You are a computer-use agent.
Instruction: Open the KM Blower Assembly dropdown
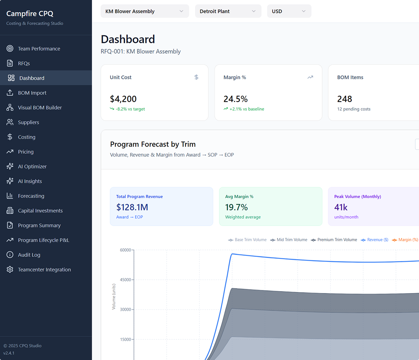(x=145, y=11)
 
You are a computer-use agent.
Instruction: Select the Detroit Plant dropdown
(x=228, y=11)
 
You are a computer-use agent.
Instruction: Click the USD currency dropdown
(x=289, y=11)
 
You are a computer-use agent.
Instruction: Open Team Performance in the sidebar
(x=39, y=49)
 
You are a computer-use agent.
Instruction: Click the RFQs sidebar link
(x=24, y=63)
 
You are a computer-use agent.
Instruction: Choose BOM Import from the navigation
(x=32, y=93)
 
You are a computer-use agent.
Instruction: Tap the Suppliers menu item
(x=28, y=122)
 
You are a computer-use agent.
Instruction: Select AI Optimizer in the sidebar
(x=32, y=166)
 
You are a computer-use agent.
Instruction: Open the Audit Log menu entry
(x=29, y=255)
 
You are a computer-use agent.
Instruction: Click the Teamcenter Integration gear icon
(x=10, y=269)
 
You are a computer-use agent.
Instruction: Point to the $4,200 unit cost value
(x=123, y=99)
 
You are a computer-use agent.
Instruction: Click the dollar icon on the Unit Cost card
(x=197, y=77)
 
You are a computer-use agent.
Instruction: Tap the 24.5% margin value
(x=235, y=99)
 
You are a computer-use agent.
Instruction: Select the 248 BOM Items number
(x=344, y=99)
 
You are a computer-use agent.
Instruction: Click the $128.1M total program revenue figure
(x=132, y=207)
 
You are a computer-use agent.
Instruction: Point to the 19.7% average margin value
(x=236, y=207)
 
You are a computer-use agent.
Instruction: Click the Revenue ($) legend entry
(x=374, y=240)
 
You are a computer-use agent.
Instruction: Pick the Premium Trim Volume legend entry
(x=334, y=240)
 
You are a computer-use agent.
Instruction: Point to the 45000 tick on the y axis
(x=125, y=280)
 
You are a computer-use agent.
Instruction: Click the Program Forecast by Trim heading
(x=153, y=144)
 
